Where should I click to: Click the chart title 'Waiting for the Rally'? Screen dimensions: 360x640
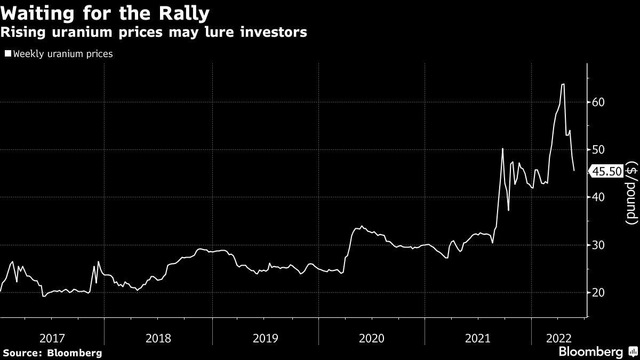[x=105, y=12]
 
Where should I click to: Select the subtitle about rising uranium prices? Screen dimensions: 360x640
[x=154, y=32]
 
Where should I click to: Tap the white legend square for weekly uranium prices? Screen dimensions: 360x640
[x=7, y=53]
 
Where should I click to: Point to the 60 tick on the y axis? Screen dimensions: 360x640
[x=598, y=102]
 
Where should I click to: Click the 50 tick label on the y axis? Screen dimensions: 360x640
[x=598, y=149]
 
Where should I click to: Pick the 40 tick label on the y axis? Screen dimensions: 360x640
[x=598, y=197]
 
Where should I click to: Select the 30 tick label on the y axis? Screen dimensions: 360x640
[x=598, y=245]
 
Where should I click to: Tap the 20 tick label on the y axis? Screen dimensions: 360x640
[x=598, y=292]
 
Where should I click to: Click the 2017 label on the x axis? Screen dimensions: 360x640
[x=52, y=338]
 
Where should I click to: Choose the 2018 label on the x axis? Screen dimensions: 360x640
[x=158, y=338]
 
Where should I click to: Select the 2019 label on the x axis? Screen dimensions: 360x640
[x=266, y=338]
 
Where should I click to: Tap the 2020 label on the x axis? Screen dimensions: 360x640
[x=372, y=338]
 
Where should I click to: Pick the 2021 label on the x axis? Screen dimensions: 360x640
[x=478, y=338]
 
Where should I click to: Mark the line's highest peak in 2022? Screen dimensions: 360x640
[x=563, y=84]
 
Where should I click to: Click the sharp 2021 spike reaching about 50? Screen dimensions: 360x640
[x=502, y=149]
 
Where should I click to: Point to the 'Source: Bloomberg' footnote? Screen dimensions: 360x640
[x=52, y=353]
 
